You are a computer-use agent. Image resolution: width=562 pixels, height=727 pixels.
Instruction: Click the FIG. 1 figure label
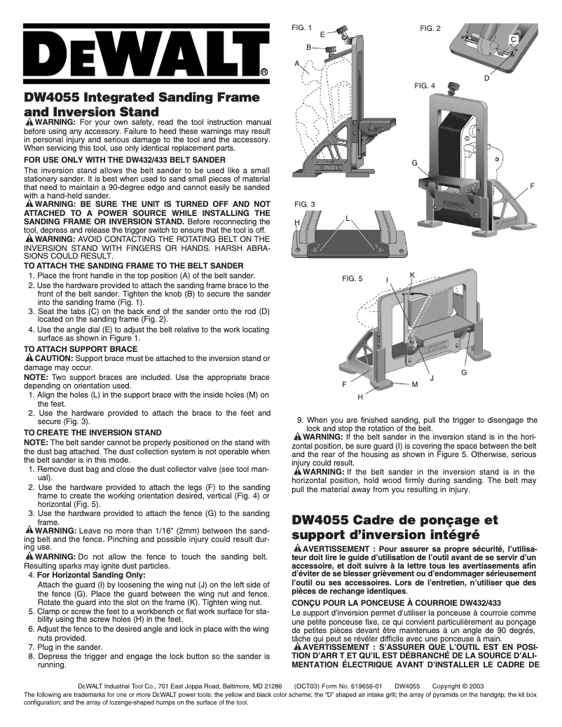[x=301, y=27]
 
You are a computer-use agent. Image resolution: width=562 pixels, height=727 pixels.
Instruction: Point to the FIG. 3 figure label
[x=303, y=204]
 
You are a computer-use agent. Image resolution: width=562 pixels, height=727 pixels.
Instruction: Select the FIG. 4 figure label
[x=425, y=86]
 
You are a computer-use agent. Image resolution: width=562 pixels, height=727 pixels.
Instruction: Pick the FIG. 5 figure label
[x=352, y=278]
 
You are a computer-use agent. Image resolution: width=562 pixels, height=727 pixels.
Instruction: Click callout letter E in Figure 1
[x=322, y=34]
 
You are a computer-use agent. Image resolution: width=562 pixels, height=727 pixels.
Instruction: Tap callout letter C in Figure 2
[x=513, y=40]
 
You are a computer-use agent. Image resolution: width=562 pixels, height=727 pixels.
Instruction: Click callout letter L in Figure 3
[x=348, y=219]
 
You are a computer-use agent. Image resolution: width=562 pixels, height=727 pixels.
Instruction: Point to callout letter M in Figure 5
[x=415, y=384]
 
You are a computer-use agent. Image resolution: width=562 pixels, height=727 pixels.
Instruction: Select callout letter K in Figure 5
[x=412, y=274]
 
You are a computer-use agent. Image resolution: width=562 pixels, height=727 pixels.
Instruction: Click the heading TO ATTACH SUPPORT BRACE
[x=81, y=347]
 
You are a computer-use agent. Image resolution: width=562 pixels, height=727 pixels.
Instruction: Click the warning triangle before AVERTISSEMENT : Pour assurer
[x=299, y=547]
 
